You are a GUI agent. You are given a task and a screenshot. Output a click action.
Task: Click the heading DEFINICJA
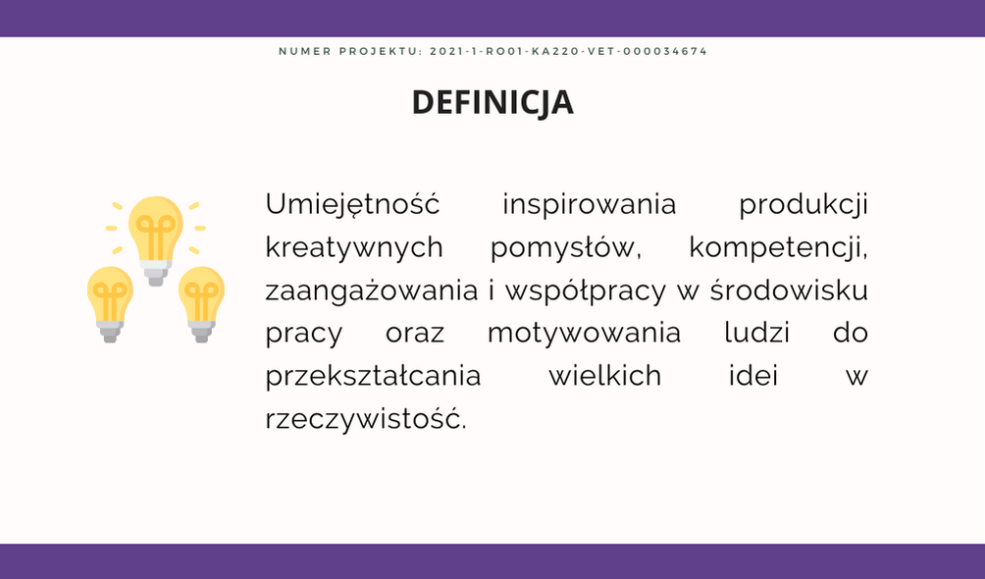tap(492, 102)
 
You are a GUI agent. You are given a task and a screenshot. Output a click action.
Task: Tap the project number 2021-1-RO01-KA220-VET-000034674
tap(568, 52)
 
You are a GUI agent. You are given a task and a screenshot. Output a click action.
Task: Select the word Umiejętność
tap(352, 205)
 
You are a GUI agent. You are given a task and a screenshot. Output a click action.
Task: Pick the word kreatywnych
tap(354, 248)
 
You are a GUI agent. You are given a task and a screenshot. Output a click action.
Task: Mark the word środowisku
tap(789, 290)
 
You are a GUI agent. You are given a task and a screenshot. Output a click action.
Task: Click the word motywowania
tap(584, 334)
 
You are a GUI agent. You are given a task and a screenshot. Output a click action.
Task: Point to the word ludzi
tap(757, 333)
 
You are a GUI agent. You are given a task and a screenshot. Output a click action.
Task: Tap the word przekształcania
tap(373, 377)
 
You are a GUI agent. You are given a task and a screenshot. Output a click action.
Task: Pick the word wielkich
tap(605, 376)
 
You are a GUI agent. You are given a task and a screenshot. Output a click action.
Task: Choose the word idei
tap(753, 376)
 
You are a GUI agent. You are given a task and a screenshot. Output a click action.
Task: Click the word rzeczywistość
tap(366, 419)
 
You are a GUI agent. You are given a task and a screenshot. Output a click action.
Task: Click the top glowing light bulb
tap(156, 240)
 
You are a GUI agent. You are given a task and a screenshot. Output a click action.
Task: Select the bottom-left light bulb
tap(110, 304)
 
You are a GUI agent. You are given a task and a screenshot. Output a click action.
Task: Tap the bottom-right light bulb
tap(202, 304)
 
